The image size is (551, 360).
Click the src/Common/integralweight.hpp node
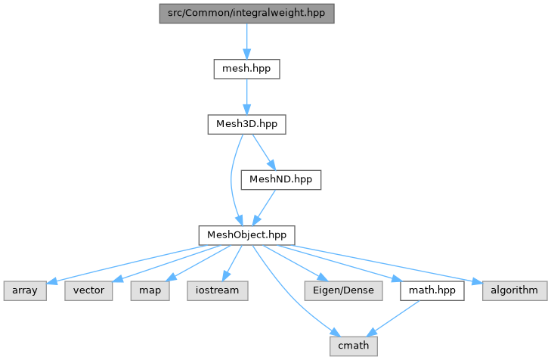[x=246, y=14]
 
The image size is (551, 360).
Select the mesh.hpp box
[x=246, y=69]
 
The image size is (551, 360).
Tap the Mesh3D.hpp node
[x=246, y=124]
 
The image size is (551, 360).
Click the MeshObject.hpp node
[x=246, y=234]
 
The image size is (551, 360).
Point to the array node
[x=25, y=290]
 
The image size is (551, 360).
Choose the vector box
[x=89, y=290]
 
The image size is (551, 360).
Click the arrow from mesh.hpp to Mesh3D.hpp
[x=246, y=96]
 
